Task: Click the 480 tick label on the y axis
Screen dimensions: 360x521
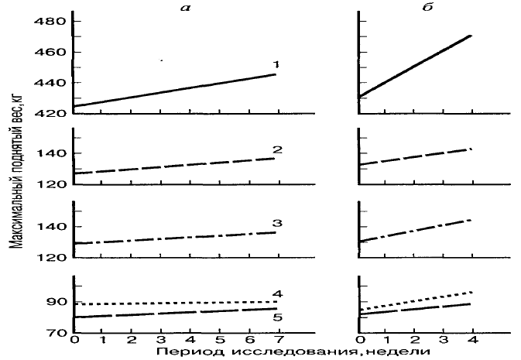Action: pos(50,22)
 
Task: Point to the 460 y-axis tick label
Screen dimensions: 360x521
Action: pos(50,53)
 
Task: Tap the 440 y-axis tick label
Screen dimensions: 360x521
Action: pos(50,83)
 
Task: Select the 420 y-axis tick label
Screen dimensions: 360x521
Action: pos(50,114)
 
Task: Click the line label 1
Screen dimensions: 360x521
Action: pos(274,64)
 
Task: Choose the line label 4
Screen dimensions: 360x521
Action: pos(276,293)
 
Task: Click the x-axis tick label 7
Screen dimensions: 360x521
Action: pos(276,341)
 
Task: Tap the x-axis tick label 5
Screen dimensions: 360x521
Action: pos(219,341)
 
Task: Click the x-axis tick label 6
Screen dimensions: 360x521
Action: pos(248,341)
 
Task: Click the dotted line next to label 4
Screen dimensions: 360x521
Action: pos(170,303)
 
